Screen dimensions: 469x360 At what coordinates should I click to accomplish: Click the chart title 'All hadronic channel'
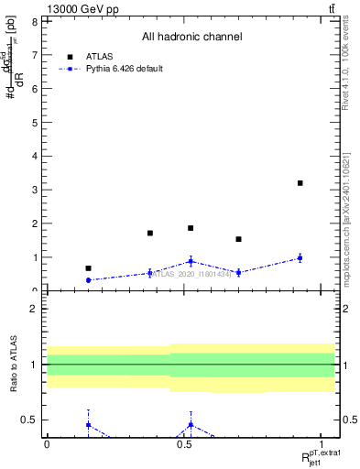[191, 37]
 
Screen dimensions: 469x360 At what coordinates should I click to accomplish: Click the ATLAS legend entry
[100, 56]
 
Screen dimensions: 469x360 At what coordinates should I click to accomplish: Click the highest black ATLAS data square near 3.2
[300, 183]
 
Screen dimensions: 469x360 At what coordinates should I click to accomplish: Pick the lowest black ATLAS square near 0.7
[88, 268]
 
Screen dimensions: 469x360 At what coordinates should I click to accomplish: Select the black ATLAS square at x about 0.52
[191, 228]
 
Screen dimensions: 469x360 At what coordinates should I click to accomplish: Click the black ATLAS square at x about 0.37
[149, 233]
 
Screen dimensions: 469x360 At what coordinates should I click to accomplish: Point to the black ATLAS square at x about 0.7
[238, 239]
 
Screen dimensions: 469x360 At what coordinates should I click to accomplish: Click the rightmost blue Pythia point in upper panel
[300, 258]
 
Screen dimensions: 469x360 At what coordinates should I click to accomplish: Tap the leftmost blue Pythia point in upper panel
[88, 280]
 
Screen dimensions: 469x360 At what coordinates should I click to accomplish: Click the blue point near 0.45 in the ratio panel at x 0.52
[191, 424]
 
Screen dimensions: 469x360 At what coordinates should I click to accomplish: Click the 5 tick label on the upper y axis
[34, 122]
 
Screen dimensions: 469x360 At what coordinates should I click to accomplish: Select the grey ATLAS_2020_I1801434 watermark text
[191, 273]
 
